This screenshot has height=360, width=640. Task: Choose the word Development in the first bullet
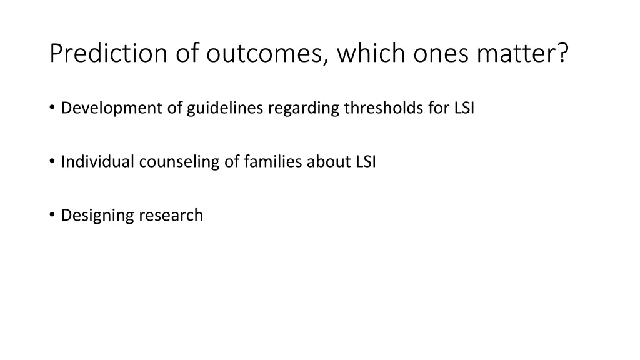pyautogui.click(x=112, y=108)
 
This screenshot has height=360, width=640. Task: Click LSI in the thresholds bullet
pyautogui.click(x=464, y=108)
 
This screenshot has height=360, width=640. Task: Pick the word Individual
pyautogui.click(x=97, y=162)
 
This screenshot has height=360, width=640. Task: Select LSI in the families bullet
pyautogui.click(x=366, y=162)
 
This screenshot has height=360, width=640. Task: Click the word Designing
pyautogui.click(x=97, y=216)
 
